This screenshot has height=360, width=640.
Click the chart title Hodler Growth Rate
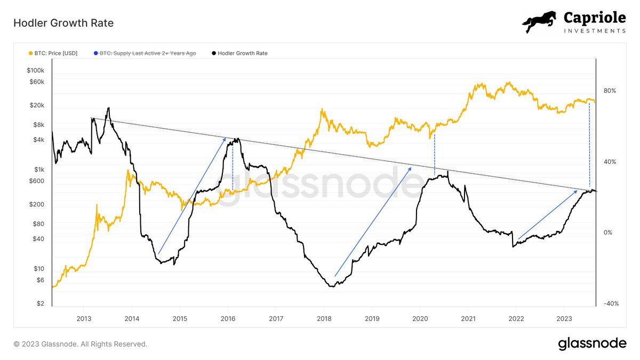pyautogui.click(x=63, y=23)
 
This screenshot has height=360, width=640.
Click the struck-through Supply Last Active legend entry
pyautogui.click(x=148, y=53)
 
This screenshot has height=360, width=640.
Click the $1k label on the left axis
pyautogui.click(x=39, y=170)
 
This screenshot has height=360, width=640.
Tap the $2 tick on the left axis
pyautogui.click(x=41, y=303)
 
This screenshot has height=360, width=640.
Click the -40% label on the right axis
pyautogui.click(x=608, y=303)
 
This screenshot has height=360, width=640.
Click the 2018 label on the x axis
pyautogui.click(x=324, y=318)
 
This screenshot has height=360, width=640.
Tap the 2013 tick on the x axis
pyautogui.click(x=83, y=318)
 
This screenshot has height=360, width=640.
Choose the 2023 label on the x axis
pyautogui.click(x=564, y=318)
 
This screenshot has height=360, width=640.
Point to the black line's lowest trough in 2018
pyautogui.click(x=332, y=286)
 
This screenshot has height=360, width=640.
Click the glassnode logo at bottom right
pyautogui.click(x=592, y=344)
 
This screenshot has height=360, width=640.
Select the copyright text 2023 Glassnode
pyautogui.click(x=80, y=344)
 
